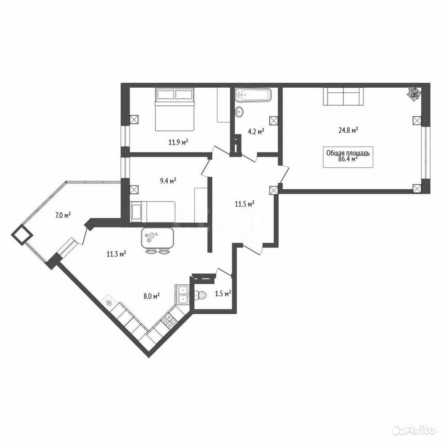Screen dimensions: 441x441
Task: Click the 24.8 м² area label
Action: (348, 130)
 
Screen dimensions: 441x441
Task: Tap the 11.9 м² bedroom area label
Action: (178, 142)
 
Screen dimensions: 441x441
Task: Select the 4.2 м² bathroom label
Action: (256, 132)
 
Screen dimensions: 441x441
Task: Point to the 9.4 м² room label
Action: (168, 181)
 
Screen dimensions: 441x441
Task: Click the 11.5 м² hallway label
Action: (245, 204)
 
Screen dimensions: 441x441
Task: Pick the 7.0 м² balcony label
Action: (63, 215)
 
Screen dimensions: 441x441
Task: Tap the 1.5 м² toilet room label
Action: (223, 294)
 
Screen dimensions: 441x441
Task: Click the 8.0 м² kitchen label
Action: (152, 296)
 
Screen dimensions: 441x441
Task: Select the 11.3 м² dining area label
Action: (116, 254)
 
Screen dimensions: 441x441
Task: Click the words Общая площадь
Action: (348, 153)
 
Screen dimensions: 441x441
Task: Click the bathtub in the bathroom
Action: (253, 95)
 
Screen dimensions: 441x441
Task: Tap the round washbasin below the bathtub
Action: (239, 112)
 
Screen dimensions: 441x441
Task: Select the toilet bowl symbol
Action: (201, 295)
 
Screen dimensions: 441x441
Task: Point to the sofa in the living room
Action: (343, 96)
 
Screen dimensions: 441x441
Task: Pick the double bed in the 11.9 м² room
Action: (175, 109)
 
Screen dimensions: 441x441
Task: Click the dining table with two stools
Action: (158, 240)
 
